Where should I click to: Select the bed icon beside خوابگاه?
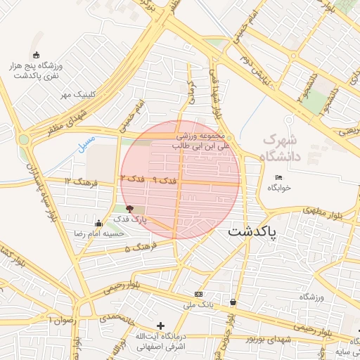pyautogui.click(x=279, y=177)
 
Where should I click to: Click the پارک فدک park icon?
pyautogui.click(x=129, y=209)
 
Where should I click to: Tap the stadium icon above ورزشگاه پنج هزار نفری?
pyautogui.click(x=37, y=56)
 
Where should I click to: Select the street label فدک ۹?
pyautogui.click(x=165, y=181)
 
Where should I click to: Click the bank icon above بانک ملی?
pyautogui.click(x=198, y=294)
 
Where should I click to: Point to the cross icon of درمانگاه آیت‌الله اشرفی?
pyautogui.click(x=162, y=326)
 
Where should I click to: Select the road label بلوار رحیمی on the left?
pyautogui.click(x=105, y=287)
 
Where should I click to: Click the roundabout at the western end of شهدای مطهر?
pyautogui.click(x=25, y=139)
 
